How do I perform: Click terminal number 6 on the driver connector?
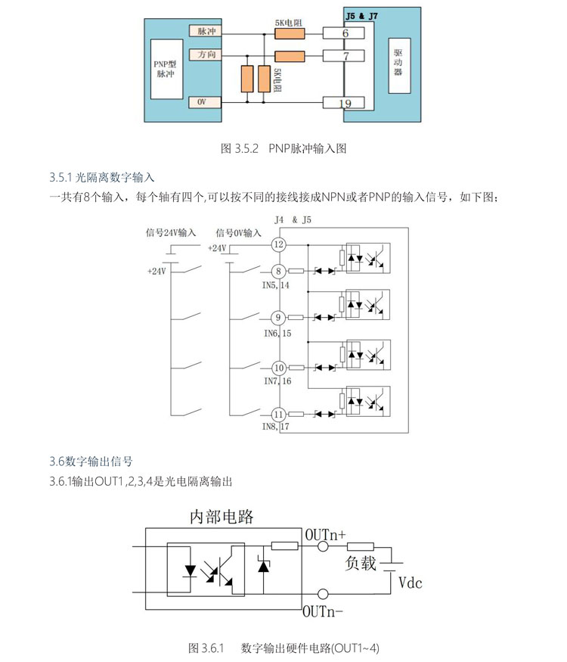(x=345, y=33)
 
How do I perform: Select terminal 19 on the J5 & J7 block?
(x=345, y=103)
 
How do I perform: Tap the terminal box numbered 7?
(x=345, y=56)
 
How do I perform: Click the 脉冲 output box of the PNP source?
(x=206, y=32)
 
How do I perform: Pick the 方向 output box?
(x=206, y=55)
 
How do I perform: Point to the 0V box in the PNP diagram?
(x=206, y=102)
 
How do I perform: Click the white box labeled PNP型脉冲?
(x=165, y=68)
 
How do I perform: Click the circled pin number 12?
(x=279, y=244)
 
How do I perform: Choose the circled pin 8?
(x=279, y=271)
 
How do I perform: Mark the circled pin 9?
(x=279, y=318)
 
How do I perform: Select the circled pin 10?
(x=279, y=367)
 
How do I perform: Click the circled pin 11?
(x=279, y=414)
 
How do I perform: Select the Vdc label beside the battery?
(x=410, y=583)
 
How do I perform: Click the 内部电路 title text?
(x=221, y=517)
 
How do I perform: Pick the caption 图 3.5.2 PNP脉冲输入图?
(x=283, y=149)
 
